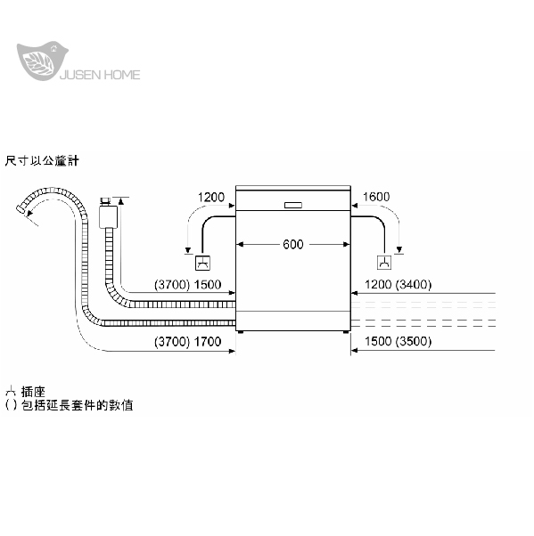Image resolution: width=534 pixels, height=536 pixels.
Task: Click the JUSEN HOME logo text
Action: coord(100,75)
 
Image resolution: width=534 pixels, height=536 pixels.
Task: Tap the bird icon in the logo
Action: coord(42,61)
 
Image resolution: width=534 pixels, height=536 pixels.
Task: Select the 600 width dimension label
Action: coord(293,245)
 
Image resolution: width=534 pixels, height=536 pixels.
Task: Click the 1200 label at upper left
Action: coord(211,198)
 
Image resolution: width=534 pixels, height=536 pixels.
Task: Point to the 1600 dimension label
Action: coord(376,197)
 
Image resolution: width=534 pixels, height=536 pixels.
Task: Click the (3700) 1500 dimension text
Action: coord(187,284)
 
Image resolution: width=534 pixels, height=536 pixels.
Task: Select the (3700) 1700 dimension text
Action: coord(187,342)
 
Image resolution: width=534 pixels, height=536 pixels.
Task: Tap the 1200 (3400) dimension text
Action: coord(398,284)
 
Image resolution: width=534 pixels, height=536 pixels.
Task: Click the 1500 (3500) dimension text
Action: coord(398,341)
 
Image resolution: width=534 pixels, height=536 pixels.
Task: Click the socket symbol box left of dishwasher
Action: coord(202,263)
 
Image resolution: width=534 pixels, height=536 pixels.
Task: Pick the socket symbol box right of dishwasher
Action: coord(384,263)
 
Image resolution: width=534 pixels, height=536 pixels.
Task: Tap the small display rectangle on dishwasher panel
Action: coord(293,205)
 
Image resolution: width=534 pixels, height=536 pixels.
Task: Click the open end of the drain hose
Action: coord(21,209)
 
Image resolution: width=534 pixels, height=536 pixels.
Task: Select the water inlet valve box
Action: coord(108,216)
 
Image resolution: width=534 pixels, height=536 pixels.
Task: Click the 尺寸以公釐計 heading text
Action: coord(42,160)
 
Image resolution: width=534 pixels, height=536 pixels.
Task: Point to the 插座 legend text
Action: coord(33,392)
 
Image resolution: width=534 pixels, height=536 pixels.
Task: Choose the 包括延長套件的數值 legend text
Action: coord(78,405)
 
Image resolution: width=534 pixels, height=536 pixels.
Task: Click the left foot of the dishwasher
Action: coord(241,331)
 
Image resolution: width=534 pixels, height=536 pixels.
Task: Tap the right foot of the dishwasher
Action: coord(346,331)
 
